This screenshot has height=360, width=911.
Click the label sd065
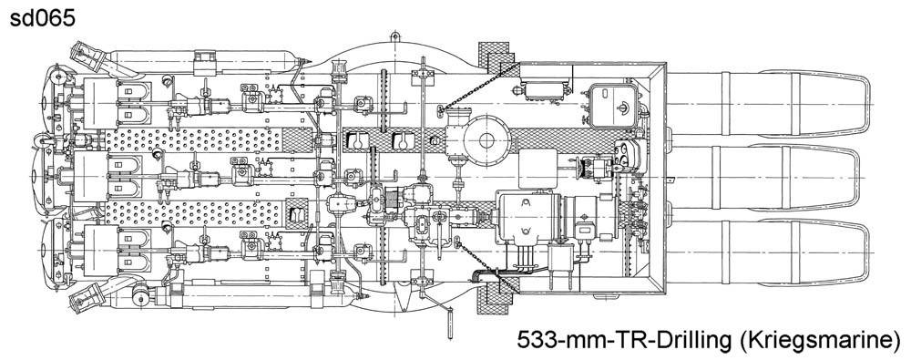coord(42,18)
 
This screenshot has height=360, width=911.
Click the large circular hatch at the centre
coord(486,139)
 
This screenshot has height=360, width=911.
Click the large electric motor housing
coord(528,216)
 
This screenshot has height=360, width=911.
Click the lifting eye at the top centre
coord(395,37)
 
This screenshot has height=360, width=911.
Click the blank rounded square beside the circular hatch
coord(537,169)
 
